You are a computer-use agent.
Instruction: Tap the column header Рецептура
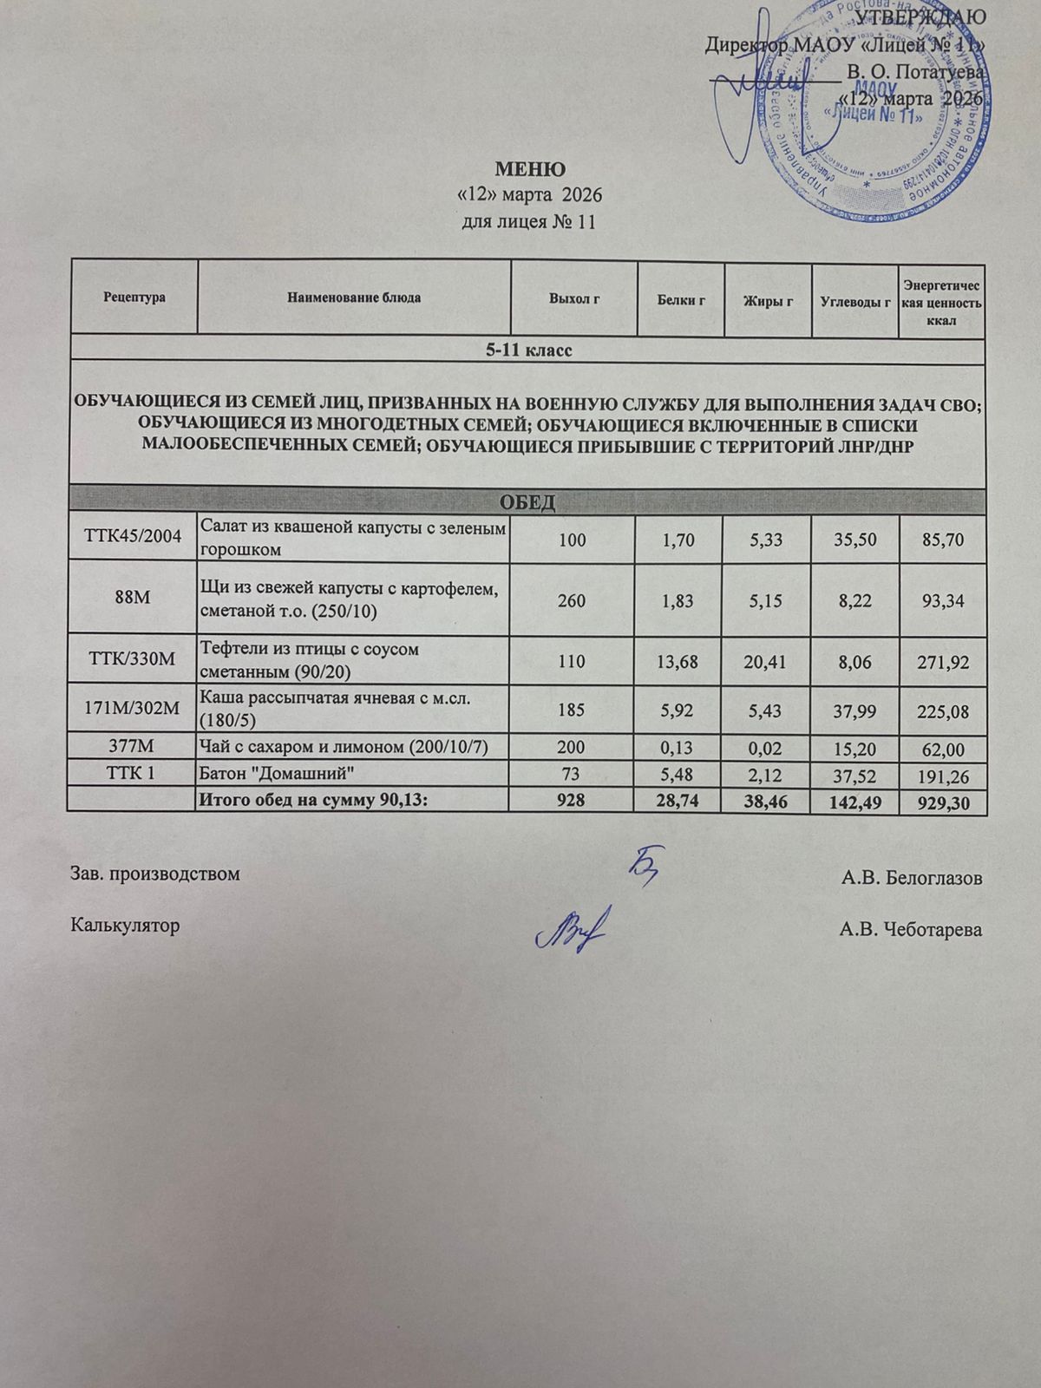134,298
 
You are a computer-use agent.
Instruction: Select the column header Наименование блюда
354,298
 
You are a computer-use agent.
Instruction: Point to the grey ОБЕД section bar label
527,502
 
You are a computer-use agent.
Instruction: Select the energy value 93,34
942,599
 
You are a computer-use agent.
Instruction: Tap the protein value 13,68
681,662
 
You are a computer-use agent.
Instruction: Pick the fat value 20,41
767,662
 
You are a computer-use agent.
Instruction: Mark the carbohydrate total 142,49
854,803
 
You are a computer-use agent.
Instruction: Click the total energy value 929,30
942,804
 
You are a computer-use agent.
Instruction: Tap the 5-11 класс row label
527,350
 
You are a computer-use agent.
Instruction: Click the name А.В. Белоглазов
911,878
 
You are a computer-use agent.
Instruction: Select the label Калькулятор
125,925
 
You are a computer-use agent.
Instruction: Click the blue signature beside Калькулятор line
573,928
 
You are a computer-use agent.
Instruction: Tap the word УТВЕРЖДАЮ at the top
920,17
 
